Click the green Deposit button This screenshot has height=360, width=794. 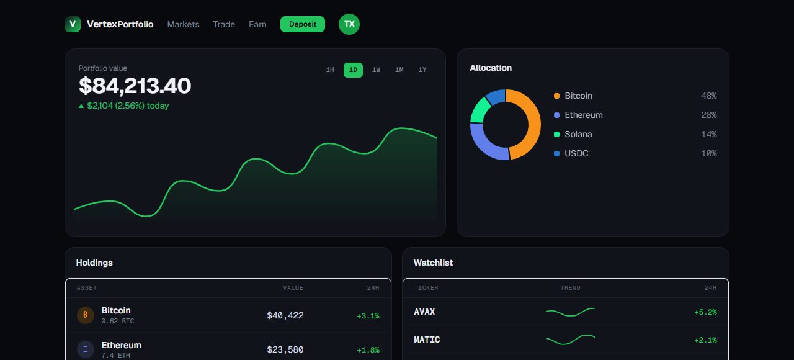(302, 24)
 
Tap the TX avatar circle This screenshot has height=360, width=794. (349, 24)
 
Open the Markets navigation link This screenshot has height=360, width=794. (183, 24)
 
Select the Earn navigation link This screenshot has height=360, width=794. (257, 24)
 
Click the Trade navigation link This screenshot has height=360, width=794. (224, 24)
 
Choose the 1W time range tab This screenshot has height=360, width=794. (376, 70)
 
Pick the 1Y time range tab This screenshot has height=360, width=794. (422, 70)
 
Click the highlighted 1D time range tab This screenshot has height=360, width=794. (353, 70)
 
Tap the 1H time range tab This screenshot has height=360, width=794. (330, 70)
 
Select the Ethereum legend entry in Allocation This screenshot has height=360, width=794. (578, 115)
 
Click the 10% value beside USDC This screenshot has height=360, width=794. (708, 153)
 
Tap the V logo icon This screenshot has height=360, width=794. (73, 24)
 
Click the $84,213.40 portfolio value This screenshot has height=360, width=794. (135, 86)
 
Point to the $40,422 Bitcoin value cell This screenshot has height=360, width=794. (285, 315)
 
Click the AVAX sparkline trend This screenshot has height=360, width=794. (571, 312)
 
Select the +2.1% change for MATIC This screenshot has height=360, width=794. (705, 340)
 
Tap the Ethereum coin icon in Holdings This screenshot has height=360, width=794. (86, 349)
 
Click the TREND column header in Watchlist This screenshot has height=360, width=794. (570, 287)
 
